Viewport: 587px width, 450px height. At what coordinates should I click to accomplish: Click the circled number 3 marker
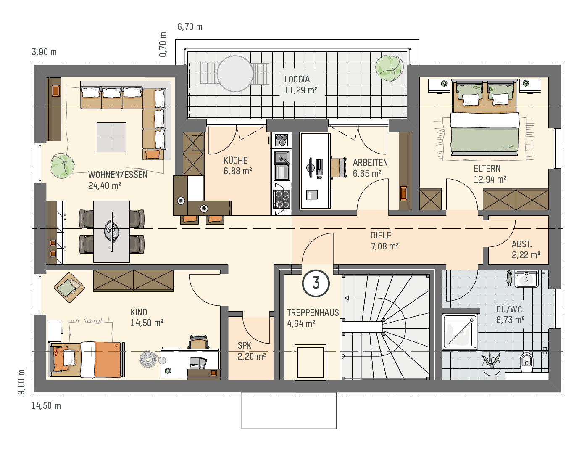(316, 283)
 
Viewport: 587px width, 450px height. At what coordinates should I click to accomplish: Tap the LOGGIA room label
(297, 79)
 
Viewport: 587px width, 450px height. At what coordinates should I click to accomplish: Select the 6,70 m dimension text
(190, 27)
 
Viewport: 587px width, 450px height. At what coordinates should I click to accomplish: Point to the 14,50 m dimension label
(46, 406)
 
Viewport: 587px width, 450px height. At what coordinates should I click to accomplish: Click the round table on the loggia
(235, 74)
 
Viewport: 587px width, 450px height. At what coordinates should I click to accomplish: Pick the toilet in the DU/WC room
(526, 362)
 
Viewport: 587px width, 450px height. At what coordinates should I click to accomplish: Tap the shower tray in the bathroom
(460, 332)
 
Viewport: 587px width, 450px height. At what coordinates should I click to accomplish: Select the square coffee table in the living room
(111, 137)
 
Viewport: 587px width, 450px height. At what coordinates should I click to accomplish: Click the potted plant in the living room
(63, 166)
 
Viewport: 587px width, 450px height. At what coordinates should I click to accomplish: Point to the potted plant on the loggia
(389, 68)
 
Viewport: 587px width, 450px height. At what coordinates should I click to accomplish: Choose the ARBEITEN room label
(370, 163)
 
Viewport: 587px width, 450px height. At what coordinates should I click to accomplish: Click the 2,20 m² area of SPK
(252, 356)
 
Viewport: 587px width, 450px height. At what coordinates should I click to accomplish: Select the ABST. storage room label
(521, 244)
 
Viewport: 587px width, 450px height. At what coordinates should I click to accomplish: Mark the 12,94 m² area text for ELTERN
(490, 179)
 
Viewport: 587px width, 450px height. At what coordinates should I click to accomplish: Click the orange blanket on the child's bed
(108, 360)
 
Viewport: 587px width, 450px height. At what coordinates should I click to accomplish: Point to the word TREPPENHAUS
(313, 313)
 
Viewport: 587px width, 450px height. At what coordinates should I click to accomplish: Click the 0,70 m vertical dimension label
(163, 45)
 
